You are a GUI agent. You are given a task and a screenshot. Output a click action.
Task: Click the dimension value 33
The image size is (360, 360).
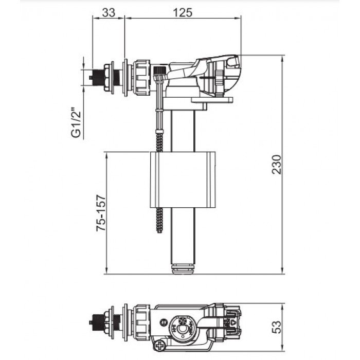(109, 13)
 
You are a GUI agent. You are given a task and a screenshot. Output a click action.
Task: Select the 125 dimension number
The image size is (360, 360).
(183, 13)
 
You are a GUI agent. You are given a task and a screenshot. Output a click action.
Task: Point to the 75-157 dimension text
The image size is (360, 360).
(101, 212)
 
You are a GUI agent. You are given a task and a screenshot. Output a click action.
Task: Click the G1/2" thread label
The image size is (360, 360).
(77, 123)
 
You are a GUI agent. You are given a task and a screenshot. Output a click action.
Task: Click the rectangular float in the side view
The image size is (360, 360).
(182, 179)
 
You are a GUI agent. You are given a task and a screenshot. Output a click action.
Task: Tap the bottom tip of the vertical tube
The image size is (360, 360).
(183, 268)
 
